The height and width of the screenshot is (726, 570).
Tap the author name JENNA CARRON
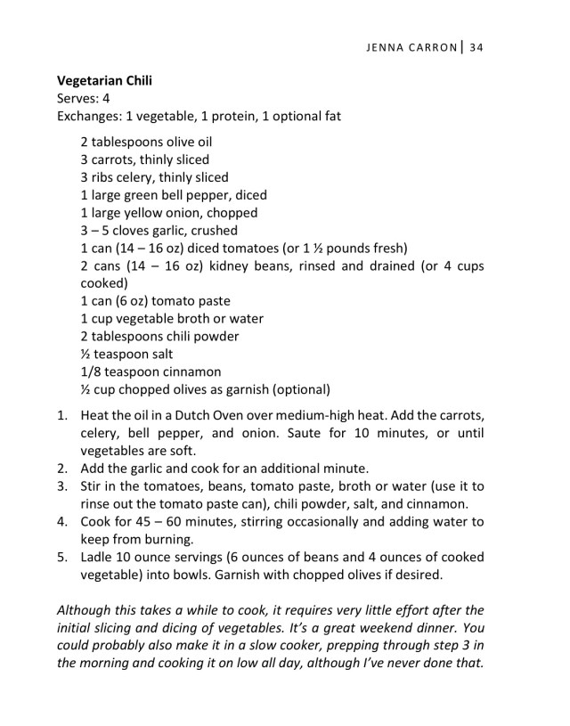(x=411, y=46)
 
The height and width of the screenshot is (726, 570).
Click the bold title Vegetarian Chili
(x=103, y=80)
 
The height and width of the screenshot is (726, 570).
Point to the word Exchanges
(x=88, y=116)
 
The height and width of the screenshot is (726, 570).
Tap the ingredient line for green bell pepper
(x=174, y=195)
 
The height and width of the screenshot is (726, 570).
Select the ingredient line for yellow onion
(x=169, y=213)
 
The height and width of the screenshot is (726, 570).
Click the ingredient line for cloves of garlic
(x=159, y=230)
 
